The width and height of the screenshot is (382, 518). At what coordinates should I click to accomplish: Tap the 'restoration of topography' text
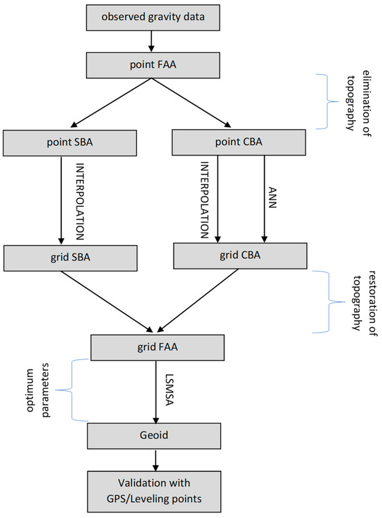pyautogui.click(x=354, y=302)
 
